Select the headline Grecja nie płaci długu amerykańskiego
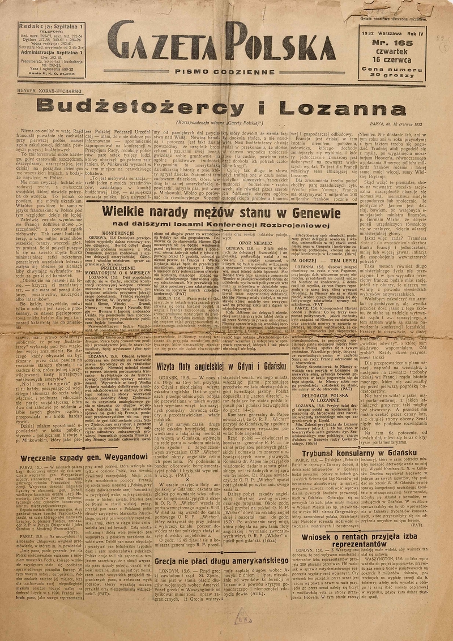click(224, 546)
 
